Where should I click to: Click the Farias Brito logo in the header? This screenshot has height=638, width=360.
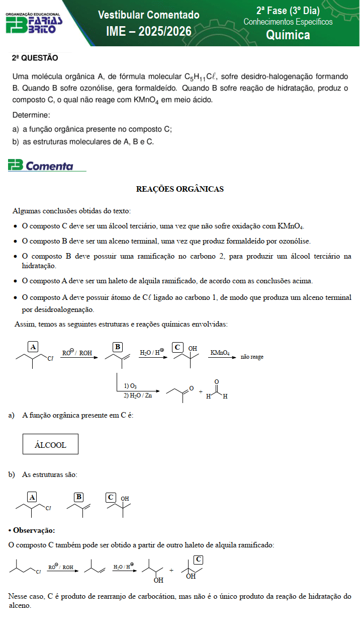34,24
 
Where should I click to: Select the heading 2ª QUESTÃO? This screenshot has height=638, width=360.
35,58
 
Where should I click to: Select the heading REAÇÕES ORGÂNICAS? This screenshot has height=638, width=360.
179,189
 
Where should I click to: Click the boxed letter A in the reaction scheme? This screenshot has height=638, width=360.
33,347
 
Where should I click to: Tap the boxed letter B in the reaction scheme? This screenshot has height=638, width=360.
118,347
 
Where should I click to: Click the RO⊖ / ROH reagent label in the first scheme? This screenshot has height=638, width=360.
77,353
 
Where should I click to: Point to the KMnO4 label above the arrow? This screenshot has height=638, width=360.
220,353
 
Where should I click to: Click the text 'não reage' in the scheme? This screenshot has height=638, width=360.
252,357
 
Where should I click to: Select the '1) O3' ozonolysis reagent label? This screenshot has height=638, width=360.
130,386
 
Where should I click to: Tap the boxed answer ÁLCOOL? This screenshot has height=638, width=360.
50,445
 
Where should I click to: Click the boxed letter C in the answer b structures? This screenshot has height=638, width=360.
111,497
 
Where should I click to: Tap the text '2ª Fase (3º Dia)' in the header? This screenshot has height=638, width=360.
288,11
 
